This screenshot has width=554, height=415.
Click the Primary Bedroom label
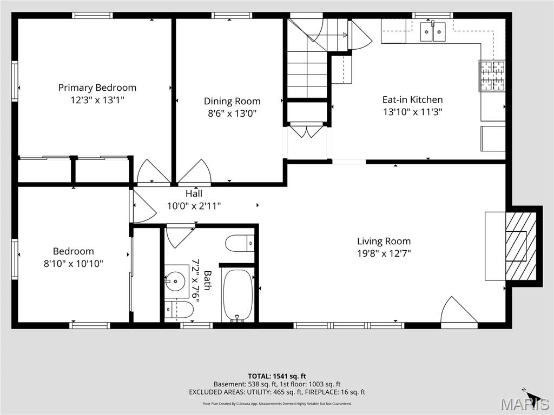(x=97, y=88)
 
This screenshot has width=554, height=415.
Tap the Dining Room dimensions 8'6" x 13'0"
(x=232, y=113)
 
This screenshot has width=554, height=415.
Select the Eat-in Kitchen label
(x=412, y=99)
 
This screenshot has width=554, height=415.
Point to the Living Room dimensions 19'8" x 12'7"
(x=384, y=253)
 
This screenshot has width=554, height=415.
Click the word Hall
(x=194, y=193)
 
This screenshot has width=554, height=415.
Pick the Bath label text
(x=207, y=280)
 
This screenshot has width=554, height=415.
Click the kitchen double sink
(x=432, y=32)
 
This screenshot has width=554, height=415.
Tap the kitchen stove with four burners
(x=492, y=76)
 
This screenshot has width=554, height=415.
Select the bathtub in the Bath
(x=238, y=295)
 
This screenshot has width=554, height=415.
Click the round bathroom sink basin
(x=176, y=281)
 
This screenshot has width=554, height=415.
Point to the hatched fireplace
(x=521, y=246)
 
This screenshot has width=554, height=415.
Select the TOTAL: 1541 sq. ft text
(x=277, y=376)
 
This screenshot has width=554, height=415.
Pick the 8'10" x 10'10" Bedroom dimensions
(x=74, y=263)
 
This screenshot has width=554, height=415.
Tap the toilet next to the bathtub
(x=240, y=244)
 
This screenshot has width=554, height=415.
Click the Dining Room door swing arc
(x=194, y=172)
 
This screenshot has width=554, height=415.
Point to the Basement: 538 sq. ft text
(x=246, y=384)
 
